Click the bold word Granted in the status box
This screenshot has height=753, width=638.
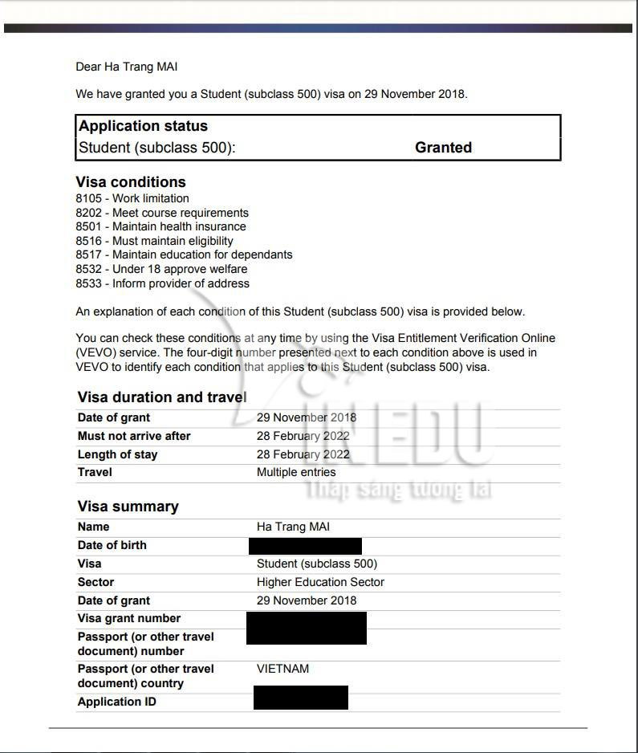click(443, 148)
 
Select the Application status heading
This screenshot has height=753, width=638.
click(143, 126)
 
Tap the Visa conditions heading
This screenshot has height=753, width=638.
click(131, 182)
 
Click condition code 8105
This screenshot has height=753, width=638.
click(89, 198)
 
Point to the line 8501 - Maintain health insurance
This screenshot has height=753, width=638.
click(161, 226)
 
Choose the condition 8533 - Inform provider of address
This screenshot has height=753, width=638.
click(162, 283)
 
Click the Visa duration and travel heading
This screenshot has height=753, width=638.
click(162, 397)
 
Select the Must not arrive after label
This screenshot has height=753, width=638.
click(134, 436)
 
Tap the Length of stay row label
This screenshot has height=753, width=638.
click(117, 454)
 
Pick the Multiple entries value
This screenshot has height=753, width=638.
click(296, 472)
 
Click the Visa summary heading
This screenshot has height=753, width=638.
click(128, 507)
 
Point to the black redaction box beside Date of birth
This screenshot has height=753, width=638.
click(305, 546)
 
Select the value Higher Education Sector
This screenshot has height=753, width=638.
click(320, 582)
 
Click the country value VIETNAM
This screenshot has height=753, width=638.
click(282, 669)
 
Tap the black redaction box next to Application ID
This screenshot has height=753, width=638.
click(300, 698)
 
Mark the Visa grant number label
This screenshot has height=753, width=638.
click(128, 618)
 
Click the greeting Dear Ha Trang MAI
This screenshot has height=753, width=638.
click(126, 67)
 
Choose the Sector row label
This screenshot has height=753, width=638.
click(95, 582)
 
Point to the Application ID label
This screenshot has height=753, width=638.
click(116, 702)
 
